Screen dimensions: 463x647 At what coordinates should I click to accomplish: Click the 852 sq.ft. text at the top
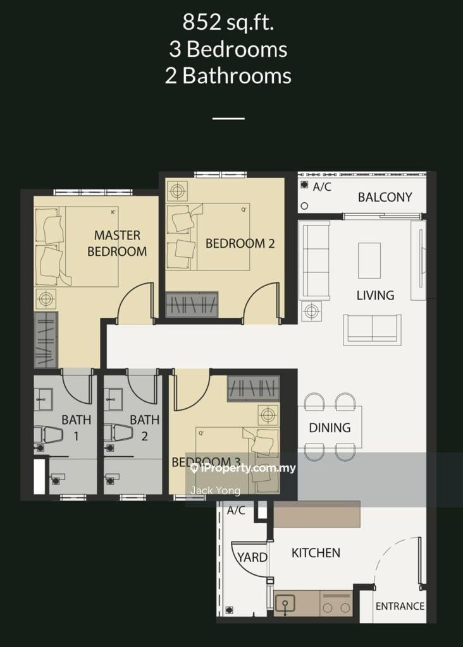tap(228, 22)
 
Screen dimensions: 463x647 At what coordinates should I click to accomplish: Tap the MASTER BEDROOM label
tap(117, 243)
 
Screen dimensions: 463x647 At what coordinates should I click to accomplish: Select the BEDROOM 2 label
tap(240, 243)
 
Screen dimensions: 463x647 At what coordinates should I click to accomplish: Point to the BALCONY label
tap(385, 197)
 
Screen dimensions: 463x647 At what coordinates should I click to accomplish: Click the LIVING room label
tap(376, 296)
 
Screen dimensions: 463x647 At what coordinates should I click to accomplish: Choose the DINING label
tap(330, 428)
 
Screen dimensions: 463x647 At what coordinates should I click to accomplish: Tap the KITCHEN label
tap(316, 552)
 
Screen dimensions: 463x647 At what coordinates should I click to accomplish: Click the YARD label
tap(252, 557)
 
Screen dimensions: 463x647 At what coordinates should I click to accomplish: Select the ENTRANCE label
tap(400, 606)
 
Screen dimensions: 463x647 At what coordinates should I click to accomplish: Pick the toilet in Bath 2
tap(118, 433)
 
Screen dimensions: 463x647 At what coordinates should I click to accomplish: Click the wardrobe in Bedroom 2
tap(192, 305)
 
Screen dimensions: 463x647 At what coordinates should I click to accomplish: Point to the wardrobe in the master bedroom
tap(46, 340)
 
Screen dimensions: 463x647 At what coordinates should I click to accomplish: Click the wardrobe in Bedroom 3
tap(253, 389)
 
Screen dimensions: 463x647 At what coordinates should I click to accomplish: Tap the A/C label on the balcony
tap(322, 187)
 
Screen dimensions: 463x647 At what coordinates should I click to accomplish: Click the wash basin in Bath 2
tap(113, 399)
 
